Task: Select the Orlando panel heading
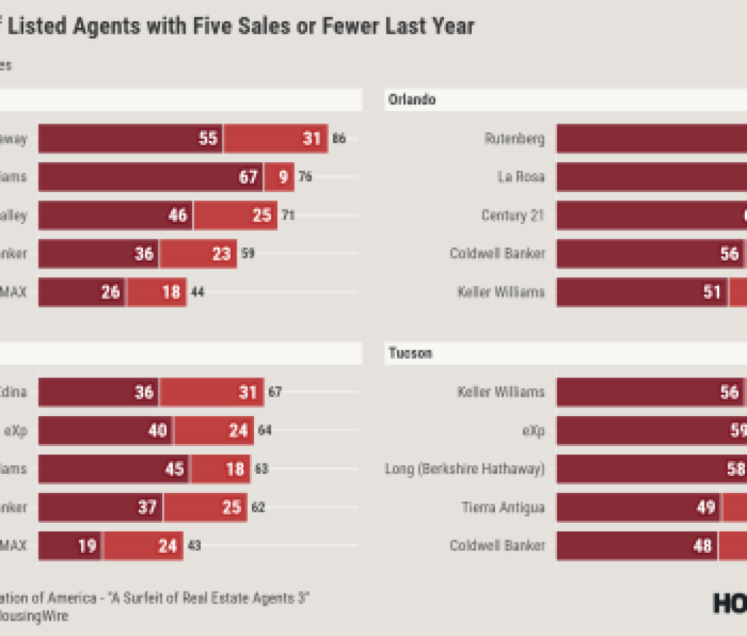tap(412, 99)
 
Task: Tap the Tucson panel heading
tap(410, 353)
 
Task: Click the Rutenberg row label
tap(515, 139)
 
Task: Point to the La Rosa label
tap(521, 177)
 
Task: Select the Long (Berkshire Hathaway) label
tap(465, 469)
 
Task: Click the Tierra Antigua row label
tap(503, 507)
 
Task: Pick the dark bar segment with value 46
tap(115, 215)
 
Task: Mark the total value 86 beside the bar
tap(339, 139)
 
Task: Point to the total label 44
tap(197, 292)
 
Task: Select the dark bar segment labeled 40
tap(105, 431)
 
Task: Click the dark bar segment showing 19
tap(70, 546)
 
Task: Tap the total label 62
tap(258, 507)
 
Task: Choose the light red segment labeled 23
tap(198, 253)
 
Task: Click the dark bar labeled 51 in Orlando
tap(642, 292)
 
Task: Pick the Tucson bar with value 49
tap(639, 507)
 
